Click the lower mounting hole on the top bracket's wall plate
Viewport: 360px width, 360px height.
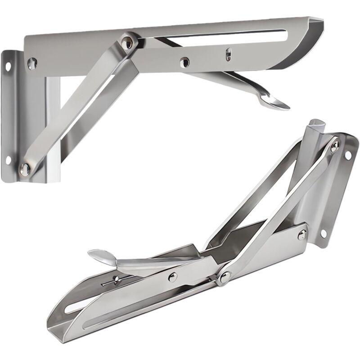point(9,160)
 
